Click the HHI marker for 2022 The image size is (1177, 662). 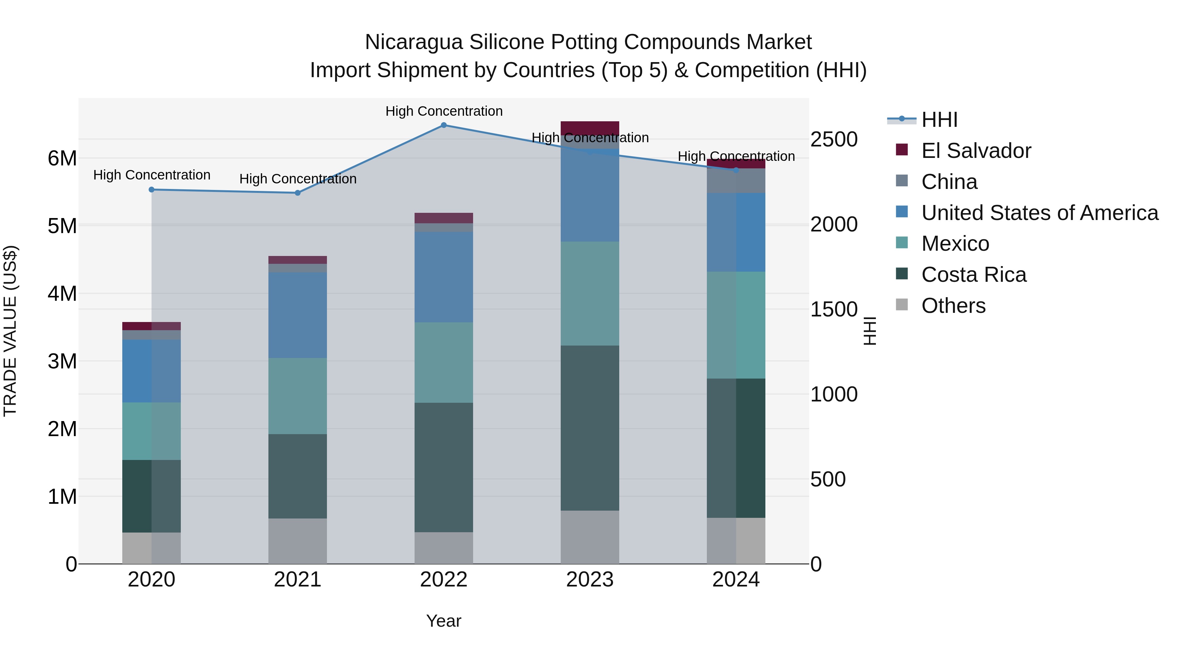coord(444,125)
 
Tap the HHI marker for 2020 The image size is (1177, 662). coord(152,190)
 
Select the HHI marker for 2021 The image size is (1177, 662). coord(298,193)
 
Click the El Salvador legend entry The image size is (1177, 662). coord(976,151)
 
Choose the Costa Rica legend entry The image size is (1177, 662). coord(973,275)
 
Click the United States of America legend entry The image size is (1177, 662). coord(1039,213)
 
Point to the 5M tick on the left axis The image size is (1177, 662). coord(62,226)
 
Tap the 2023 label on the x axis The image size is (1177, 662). coord(590,580)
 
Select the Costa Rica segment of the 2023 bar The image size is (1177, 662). coord(590,428)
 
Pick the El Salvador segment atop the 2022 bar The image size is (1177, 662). coord(444,218)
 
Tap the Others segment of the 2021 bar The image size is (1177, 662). coord(298,541)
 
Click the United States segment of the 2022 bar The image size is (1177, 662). coord(444,277)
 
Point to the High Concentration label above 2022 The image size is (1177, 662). coord(444,111)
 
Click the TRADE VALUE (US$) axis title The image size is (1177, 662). coord(10,331)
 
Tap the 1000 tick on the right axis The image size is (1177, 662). coord(834,395)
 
